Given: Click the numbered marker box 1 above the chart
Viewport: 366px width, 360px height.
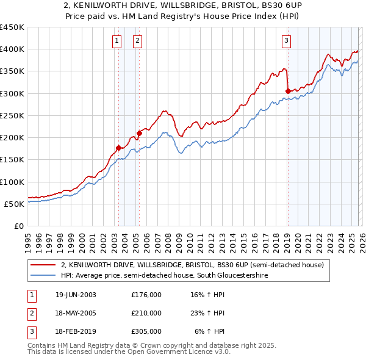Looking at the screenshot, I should (117, 41).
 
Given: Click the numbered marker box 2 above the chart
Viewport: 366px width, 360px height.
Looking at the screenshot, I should (138, 41).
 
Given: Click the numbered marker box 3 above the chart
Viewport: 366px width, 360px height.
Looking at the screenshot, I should (286, 41).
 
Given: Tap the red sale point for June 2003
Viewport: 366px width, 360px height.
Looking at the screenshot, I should (118, 148).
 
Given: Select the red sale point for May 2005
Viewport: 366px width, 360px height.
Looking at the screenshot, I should (139, 132).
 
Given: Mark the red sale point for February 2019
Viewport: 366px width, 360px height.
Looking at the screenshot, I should (287, 91).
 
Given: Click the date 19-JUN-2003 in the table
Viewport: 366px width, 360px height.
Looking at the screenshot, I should (76, 295).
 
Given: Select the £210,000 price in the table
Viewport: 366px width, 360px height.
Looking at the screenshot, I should (146, 313).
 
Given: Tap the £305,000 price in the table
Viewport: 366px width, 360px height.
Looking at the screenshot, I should (146, 331).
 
